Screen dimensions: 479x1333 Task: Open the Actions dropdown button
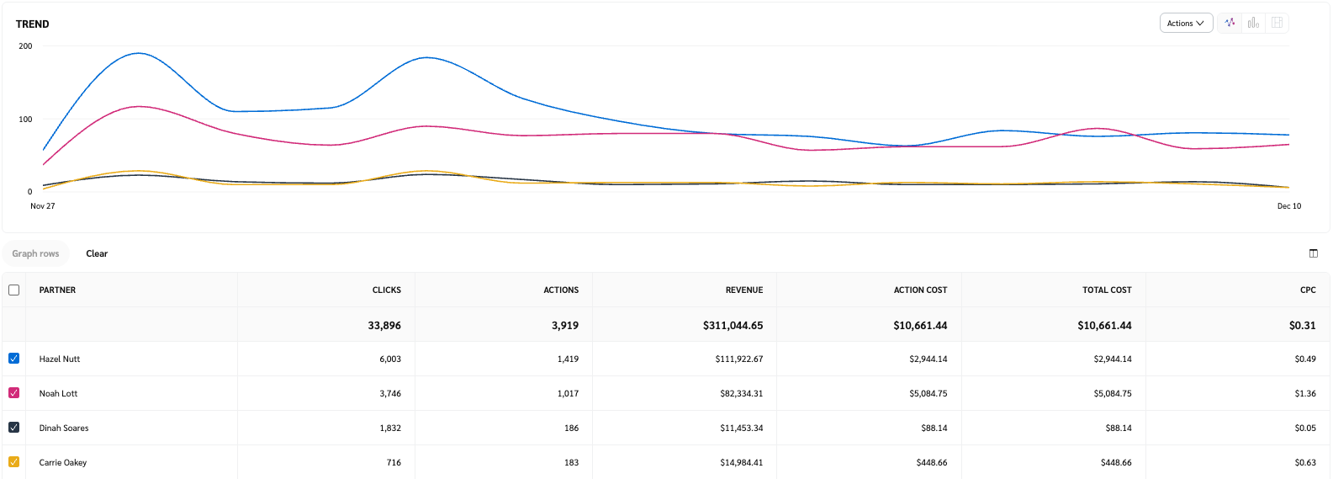click(1185, 24)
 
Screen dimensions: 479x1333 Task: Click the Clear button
click(97, 253)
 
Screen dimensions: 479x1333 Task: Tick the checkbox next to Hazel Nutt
click(14, 359)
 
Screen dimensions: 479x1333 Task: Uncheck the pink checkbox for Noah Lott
click(14, 393)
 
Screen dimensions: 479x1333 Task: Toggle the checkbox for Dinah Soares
click(14, 428)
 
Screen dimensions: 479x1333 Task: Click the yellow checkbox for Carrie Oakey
click(14, 462)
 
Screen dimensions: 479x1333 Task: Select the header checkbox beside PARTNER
click(14, 290)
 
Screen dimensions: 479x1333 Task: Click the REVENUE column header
click(743, 290)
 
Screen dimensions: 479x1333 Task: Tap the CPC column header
click(1307, 290)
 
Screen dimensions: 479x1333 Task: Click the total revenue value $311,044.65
click(733, 326)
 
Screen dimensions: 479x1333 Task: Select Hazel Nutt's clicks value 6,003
click(389, 359)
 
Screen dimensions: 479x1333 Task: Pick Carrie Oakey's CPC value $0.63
click(1305, 463)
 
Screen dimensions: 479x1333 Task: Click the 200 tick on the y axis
click(25, 46)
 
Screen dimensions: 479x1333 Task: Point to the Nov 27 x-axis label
click(43, 206)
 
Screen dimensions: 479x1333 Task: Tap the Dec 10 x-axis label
click(1288, 206)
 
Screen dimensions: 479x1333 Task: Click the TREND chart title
click(33, 24)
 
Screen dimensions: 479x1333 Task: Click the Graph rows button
click(35, 253)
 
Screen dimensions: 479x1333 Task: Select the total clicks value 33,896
click(384, 326)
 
